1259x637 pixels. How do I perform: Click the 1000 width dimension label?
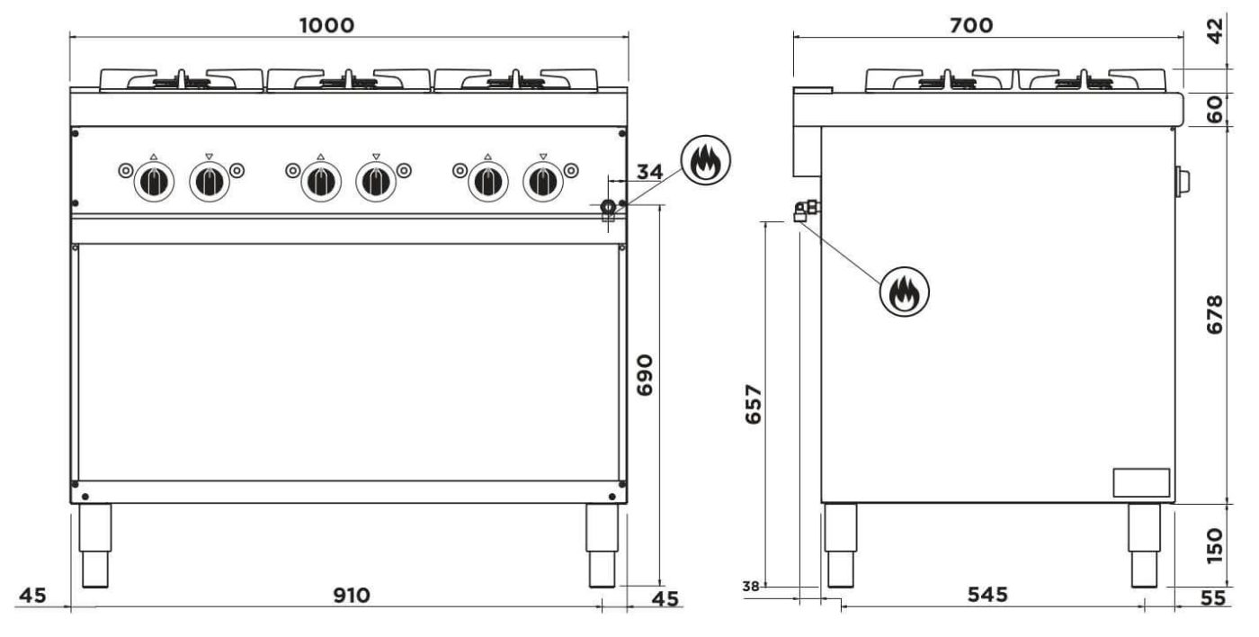click(327, 24)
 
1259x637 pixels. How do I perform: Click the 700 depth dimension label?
click(971, 24)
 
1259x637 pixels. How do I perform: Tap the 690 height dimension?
click(644, 375)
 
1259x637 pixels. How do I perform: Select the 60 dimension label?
click(1215, 110)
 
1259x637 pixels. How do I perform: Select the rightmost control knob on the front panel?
click(541, 183)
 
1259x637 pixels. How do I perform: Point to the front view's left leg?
click(96, 545)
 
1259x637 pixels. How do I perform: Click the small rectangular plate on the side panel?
click(1142, 483)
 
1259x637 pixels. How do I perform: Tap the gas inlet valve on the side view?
click(804, 211)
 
